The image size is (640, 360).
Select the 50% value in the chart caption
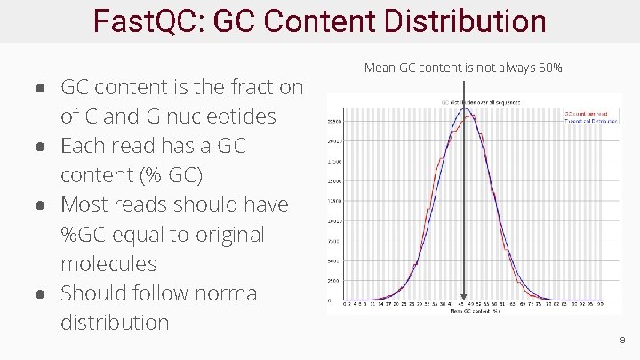[550, 68]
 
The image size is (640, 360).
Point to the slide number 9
[622, 340]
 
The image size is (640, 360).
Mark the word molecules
[108, 264]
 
